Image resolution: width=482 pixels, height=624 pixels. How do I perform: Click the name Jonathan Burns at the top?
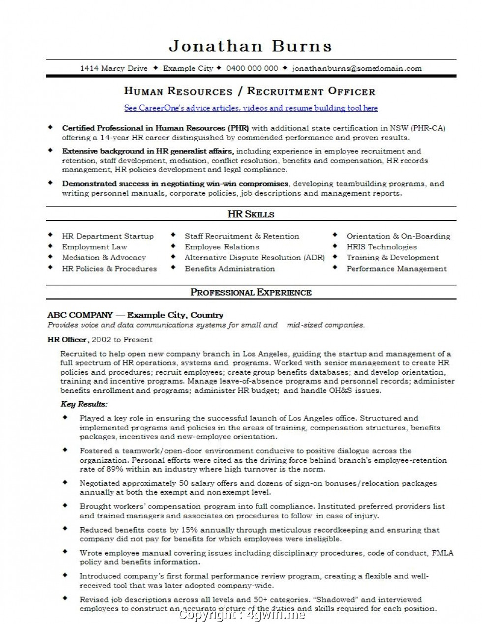point(250,46)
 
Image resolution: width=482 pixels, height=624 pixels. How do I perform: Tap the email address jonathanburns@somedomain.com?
point(357,68)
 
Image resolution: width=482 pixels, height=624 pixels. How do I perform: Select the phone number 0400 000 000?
point(252,68)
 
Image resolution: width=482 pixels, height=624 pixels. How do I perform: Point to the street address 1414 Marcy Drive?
point(114,68)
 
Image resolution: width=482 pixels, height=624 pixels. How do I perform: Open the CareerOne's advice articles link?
point(251,108)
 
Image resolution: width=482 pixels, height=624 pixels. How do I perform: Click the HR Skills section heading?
point(251,214)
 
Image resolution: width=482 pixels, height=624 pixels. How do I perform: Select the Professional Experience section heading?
point(251,292)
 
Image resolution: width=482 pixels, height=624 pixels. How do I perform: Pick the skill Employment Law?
point(94,247)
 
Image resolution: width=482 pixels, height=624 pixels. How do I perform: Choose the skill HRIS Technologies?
point(381,247)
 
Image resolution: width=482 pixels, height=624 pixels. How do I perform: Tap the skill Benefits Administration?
point(230,268)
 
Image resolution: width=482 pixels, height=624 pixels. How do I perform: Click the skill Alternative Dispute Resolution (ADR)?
point(254,257)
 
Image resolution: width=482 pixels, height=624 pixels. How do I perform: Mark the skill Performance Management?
point(396,268)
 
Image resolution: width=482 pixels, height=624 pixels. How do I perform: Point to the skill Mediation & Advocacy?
point(104,257)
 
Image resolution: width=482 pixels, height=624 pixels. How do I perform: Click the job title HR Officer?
point(68,339)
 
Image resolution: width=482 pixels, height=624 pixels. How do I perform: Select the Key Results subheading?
point(84,404)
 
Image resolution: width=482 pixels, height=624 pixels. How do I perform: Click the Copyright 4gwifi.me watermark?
point(242,615)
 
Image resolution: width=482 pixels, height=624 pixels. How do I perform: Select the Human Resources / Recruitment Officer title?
point(250,91)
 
